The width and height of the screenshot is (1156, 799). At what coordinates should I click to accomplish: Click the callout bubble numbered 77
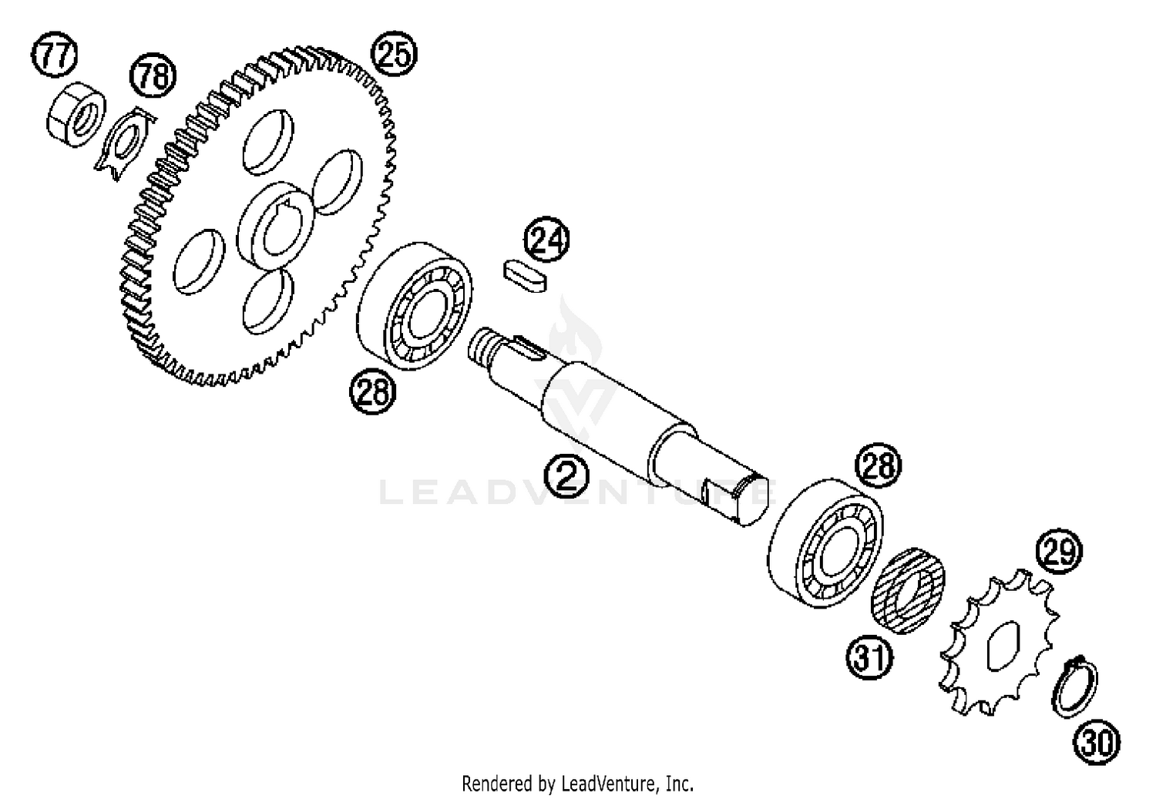(x=54, y=55)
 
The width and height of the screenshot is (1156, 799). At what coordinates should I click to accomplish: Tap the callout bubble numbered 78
(x=153, y=75)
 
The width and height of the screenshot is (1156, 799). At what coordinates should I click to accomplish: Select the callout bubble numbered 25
(x=395, y=53)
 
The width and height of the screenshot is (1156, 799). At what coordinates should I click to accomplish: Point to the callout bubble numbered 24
(x=546, y=239)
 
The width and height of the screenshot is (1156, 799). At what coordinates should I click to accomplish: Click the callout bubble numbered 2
(x=566, y=475)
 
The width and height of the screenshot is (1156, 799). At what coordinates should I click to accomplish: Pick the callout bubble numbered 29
(x=1059, y=552)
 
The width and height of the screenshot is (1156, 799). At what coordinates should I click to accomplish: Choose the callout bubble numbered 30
(x=1097, y=743)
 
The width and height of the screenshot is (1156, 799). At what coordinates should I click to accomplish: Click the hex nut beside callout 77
(x=76, y=115)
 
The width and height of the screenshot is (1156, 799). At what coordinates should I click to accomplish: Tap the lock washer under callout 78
(x=126, y=144)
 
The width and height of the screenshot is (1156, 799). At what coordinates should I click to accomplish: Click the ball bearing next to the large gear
(x=415, y=306)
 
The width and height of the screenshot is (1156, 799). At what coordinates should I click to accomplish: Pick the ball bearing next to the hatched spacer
(x=825, y=542)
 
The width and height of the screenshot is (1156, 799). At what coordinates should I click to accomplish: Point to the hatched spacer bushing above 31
(x=908, y=591)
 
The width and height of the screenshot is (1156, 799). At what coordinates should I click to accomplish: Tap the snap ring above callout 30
(x=1075, y=687)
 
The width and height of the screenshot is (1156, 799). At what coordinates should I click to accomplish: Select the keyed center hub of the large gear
(x=275, y=226)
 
